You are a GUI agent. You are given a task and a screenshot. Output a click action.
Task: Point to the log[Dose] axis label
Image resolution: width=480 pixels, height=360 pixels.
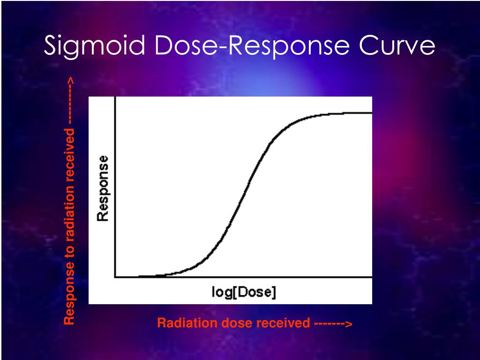[x=244, y=292]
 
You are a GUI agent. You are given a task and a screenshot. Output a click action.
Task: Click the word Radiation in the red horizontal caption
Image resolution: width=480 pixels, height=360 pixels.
[x=180, y=323]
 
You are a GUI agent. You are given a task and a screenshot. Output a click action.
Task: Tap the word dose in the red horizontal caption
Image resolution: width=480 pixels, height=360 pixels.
[x=220, y=323]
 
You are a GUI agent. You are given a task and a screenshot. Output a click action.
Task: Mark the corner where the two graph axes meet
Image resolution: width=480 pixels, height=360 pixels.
[x=115, y=277]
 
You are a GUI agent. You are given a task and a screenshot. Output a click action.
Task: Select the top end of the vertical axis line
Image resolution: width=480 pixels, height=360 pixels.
[x=115, y=97]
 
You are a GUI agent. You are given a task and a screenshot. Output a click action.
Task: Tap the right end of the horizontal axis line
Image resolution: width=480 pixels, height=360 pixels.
[x=371, y=277]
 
